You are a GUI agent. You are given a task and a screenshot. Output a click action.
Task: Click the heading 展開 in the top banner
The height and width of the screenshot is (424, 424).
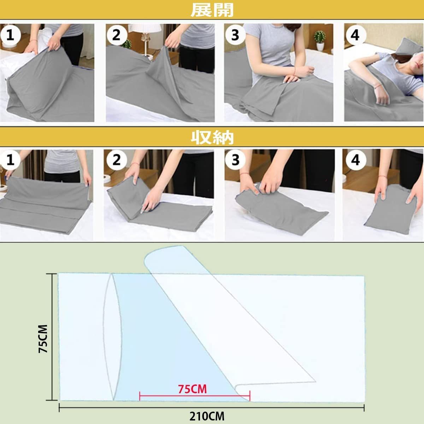[x=212, y=10]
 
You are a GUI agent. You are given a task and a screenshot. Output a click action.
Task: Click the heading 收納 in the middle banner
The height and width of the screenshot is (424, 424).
[x=212, y=137]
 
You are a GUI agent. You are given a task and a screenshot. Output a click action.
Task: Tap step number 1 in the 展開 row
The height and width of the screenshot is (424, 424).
[x=10, y=35]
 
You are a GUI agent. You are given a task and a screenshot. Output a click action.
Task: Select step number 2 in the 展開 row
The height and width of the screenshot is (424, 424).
[x=117, y=35]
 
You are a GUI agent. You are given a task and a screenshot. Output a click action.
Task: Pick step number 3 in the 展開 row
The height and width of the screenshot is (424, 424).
[x=235, y=35]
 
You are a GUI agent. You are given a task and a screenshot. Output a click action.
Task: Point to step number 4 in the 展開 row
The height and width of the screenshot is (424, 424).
[x=355, y=35]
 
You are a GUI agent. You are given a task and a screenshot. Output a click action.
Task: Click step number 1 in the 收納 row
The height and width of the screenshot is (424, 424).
[x=10, y=160]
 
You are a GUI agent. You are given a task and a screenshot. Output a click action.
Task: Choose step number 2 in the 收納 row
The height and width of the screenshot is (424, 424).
[x=117, y=160]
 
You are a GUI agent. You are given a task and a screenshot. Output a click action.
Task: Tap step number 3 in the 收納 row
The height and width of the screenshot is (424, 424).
[x=235, y=160]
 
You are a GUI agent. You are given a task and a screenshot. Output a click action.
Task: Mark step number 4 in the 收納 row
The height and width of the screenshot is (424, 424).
[x=355, y=160]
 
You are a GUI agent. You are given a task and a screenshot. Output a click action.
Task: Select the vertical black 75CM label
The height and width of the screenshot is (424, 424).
[x=43, y=339]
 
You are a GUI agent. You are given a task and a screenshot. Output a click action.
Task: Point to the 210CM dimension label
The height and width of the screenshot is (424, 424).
[x=207, y=417]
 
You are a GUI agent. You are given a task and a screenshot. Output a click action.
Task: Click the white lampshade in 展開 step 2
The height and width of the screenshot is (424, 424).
[x=145, y=29]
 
